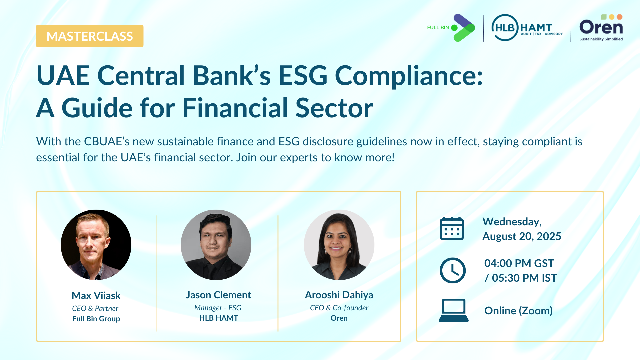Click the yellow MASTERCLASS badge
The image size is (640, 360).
click(x=90, y=36)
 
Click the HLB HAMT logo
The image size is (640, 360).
click(x=527, y=28)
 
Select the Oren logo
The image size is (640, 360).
click(x=601, y=28)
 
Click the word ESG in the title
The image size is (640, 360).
click(x=303, y=75)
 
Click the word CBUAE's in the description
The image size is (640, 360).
click(x=107, y=141)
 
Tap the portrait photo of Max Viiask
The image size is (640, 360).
click(x=96, y=245)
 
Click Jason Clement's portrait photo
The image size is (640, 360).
click(x=216, y=245)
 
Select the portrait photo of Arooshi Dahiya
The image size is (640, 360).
click(x=339, y=245)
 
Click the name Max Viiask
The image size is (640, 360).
click(x=96, y=295)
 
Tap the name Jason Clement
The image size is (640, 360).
click(x=218, y=295)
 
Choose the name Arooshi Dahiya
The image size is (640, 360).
click(x=339, y=295)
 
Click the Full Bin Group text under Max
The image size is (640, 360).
click(x=96, y=319)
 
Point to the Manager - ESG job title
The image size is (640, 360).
click(x=218, y=308)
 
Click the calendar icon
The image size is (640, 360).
click(x=452, y=229)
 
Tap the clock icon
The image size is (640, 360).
click(x=452, y=270)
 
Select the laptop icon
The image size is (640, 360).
click(x=454, y=310)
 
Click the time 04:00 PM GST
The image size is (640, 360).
click(x=519, y=263)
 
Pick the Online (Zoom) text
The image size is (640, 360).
click(x=518, y=311)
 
